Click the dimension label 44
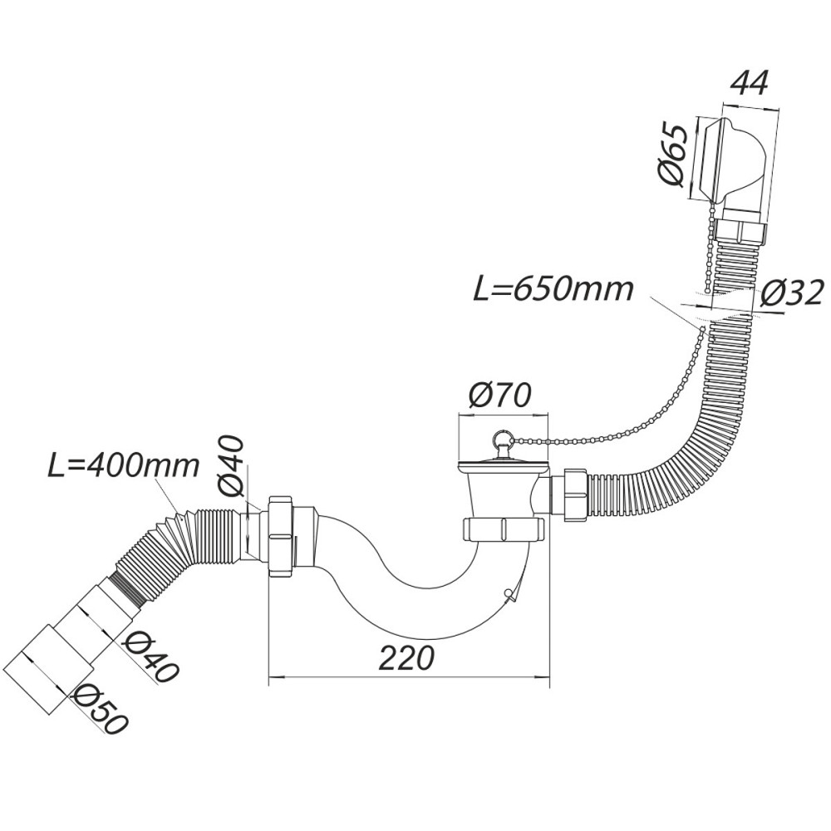pyautogui.click(x=749, y=83)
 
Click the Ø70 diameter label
pyautogui.click(x=499, y=395)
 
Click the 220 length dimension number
pyautogui.click(x=406, y=658)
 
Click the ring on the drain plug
pyautogui.click(x=501, y=437)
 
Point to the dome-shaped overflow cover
pyautogui.click(x=735, y=160)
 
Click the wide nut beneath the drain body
pyautogui.click(x=504, y=529)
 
